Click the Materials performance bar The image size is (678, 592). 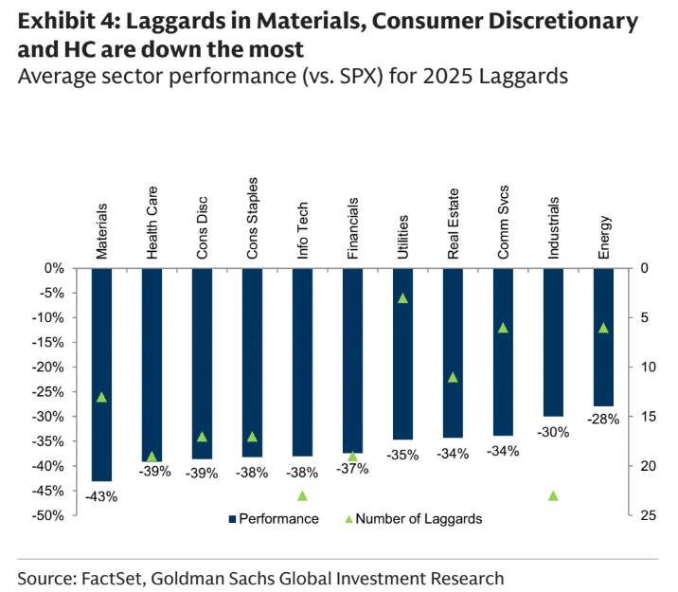tap(101, 374)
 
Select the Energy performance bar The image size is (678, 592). tap(603, 336)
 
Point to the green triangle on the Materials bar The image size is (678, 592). tap(101, 397)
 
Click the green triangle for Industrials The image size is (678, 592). tap(553, 495)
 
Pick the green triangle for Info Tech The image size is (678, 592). tap(302, 495)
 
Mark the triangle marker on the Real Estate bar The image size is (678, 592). tap(453, 377)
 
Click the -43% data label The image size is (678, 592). tap(100, 495)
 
